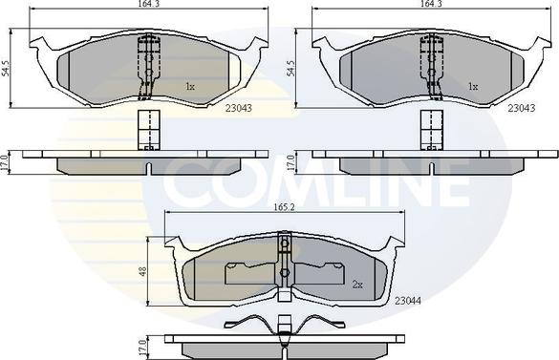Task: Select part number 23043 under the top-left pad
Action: click(239, 107)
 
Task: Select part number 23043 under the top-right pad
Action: click(520, 107)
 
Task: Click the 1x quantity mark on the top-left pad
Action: click(189, 86)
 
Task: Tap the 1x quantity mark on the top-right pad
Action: click(471, 86)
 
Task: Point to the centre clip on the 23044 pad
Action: click(285, 262)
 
